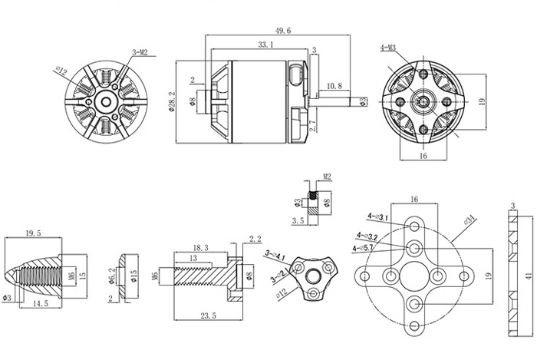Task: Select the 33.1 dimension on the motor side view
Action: point(266,46)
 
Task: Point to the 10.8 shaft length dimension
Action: point(334,85)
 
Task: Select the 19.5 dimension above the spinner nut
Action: point(32,232)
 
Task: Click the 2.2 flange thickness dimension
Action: point(255,239)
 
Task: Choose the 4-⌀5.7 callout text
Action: point(363,248)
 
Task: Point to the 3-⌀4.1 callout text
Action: point(275,254)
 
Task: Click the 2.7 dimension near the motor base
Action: point(312,126)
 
